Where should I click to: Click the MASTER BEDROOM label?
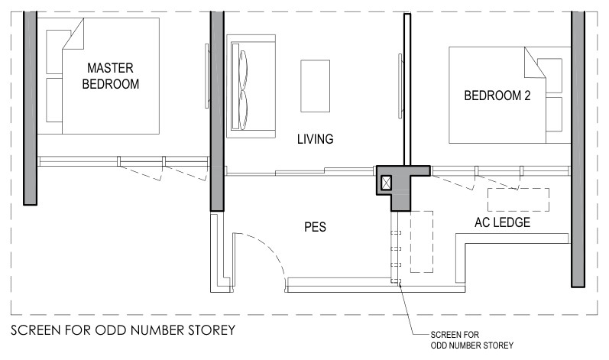(111, 76)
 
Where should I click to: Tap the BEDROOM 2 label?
(497, 96)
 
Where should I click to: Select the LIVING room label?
(315, 139)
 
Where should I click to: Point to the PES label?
(315, 227)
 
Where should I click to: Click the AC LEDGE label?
(502, 222)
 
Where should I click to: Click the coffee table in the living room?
(315, 86)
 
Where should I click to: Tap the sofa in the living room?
(251, 86)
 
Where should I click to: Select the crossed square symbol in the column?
(386, 183)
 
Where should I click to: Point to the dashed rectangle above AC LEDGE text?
(518, 200)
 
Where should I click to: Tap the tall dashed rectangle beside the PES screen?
(422, 242)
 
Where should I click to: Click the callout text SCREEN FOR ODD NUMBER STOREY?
(472, 340)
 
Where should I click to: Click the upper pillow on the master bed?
(54, 52)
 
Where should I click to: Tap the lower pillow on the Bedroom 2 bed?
(554, 114)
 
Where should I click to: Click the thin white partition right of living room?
(407, 89)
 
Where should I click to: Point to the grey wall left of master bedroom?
(30, 108)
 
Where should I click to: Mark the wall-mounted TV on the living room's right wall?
(400, 86)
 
